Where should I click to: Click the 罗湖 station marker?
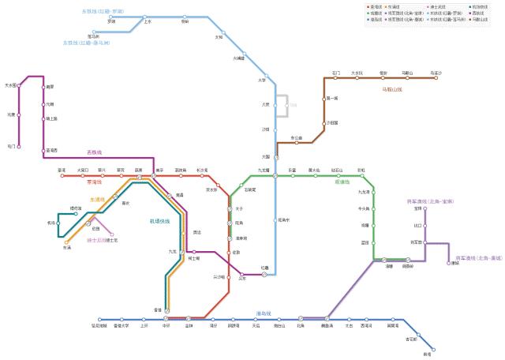click(x=110, y=17)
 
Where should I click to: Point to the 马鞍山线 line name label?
click(x=392, y=90)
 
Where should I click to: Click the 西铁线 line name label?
click(x=95, y=152)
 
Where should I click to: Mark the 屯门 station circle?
click(x=19, y=146)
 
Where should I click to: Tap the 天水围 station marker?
click(x=19, y=85)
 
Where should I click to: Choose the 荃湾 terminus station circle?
click(x=62, y=175)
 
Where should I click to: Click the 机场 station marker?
click(x=58, y=223)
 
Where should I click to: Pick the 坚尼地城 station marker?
click(x=99, y=320)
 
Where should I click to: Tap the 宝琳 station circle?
click(x=425, y=209)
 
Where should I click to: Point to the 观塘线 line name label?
click(x=342, y=181)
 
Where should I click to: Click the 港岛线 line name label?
click(x=264, y=313)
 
